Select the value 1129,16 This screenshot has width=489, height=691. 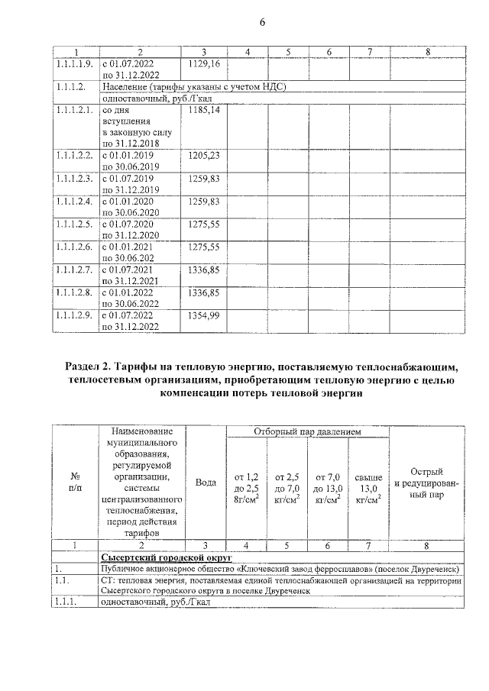click(203, 64)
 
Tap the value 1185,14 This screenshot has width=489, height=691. click(203, 111)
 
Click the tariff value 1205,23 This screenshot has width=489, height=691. click(203, 155)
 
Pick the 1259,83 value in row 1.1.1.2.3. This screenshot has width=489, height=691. click(203, 178)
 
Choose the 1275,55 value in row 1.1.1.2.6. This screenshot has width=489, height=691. click(203, 247)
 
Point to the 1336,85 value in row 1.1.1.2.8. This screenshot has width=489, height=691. click(203, 292)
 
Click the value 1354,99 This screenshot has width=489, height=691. click(203, 315)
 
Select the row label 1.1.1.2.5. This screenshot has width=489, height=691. click(74, 224)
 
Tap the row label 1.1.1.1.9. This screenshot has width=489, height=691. click(74, 64)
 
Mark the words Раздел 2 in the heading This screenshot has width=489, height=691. click(93, 369)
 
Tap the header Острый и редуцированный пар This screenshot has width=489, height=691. click(426, 483)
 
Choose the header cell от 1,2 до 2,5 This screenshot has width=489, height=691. click(245, 483)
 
